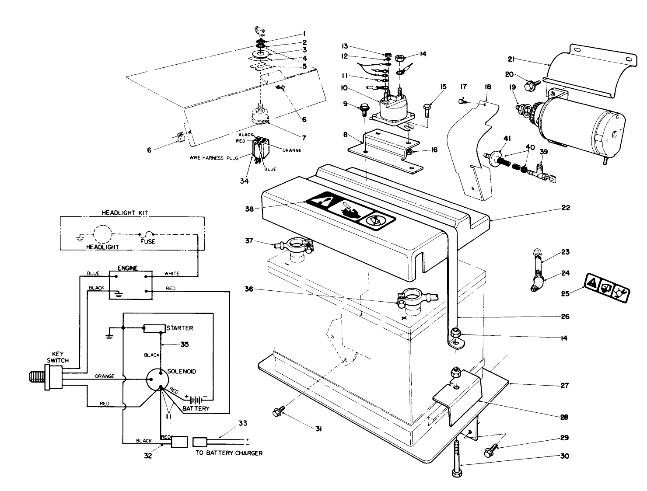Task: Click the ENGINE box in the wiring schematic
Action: coord(130,285)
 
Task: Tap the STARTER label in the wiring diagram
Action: coord(179,328)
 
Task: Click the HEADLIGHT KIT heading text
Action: coord(131,212)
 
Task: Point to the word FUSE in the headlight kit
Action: coord(147,241)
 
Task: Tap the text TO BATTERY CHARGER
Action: coord(229,453)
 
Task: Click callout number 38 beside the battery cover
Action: coord(249,209)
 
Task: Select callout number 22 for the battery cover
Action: coord(566,208)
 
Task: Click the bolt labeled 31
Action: coord(277,411)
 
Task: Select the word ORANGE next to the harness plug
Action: coord(291,150)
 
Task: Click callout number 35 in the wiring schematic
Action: coord(185,345)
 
